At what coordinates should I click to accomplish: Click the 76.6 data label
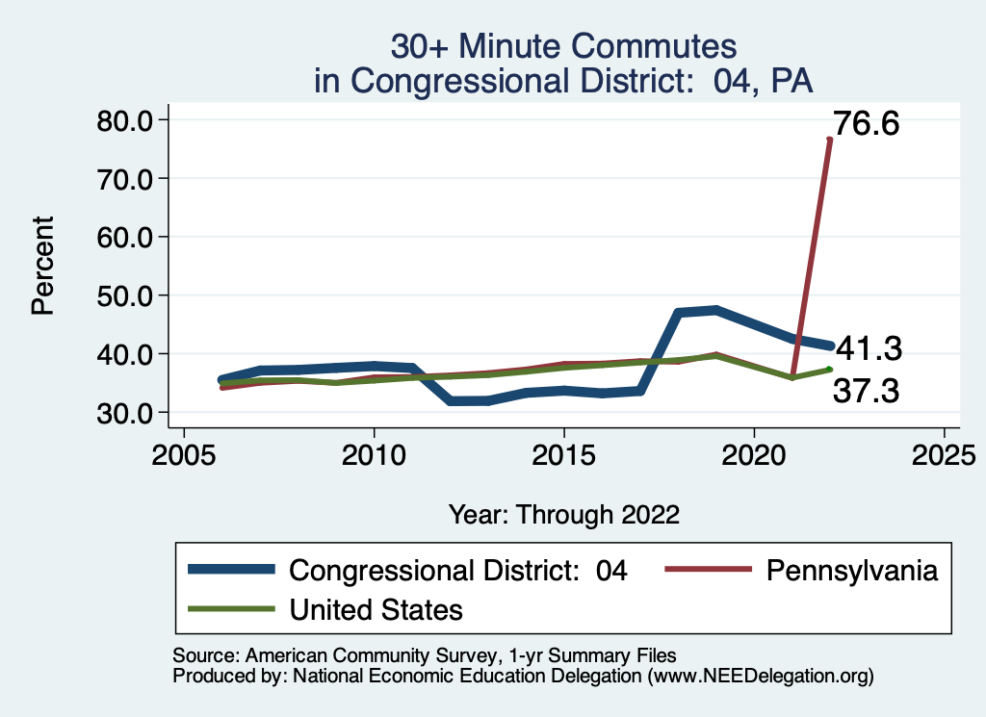click(x=866, y=124)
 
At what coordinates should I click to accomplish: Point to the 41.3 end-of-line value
click(x=868, y=347)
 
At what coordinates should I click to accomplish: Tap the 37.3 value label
click(x=865, y=391)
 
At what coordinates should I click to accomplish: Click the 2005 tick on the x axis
click(x=184, y=452)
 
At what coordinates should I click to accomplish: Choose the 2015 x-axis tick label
click(x=564, y=452)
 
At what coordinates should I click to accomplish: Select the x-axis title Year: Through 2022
click(x=564, y=514)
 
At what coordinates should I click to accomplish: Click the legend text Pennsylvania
click(x=851, y=571)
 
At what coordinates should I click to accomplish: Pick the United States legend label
click(x=376, y=609)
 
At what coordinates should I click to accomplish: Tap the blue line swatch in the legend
click(x=232, y=571)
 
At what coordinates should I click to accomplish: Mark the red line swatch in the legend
click(x=708, y=571)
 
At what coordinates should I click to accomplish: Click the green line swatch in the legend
click(x=232, y=609)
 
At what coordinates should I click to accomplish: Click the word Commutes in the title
click(x=656, y=46)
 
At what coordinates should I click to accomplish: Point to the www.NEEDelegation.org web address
click(x=762, y=677)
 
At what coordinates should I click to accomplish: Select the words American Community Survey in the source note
click(x=331, y=655)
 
